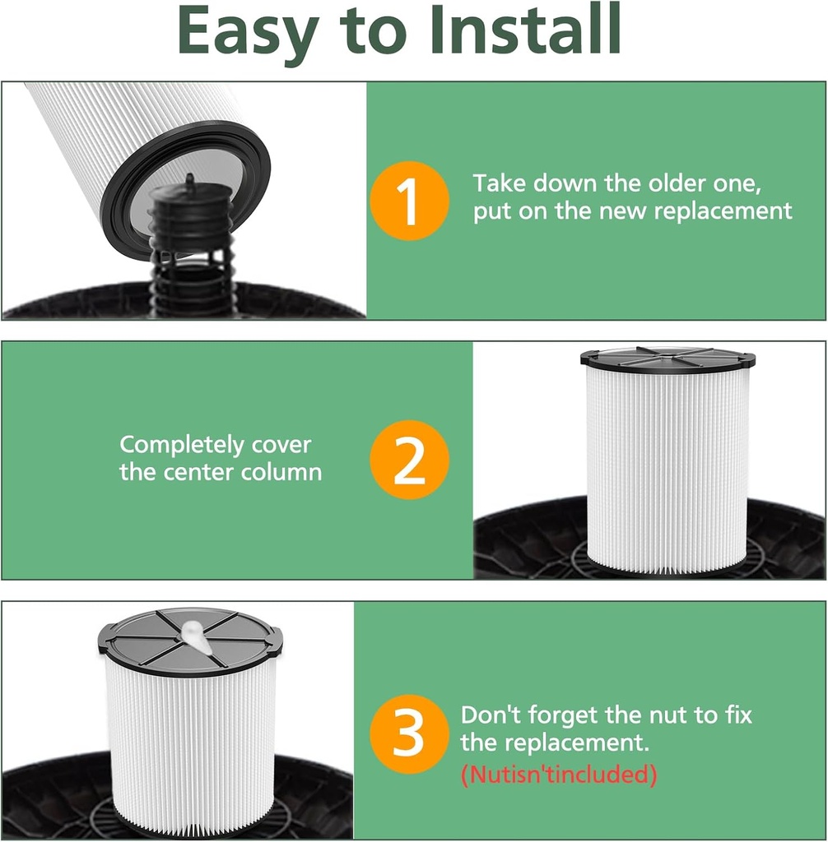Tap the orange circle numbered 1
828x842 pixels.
pos(409,201)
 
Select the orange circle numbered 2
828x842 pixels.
pos(409,460)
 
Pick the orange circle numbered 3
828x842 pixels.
pos(409,734)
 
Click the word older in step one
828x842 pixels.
pos(674,183)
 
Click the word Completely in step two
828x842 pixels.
pos(182,445)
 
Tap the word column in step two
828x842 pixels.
pos(281,473)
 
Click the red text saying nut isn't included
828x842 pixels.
pos(559,775)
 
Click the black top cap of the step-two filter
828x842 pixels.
pos(668,360)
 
